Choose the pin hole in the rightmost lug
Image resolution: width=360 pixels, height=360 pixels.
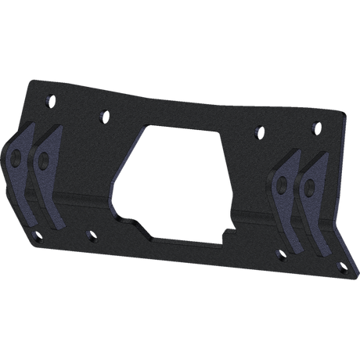coord(310,188)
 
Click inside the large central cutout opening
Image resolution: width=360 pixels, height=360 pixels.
coord(176,180)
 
